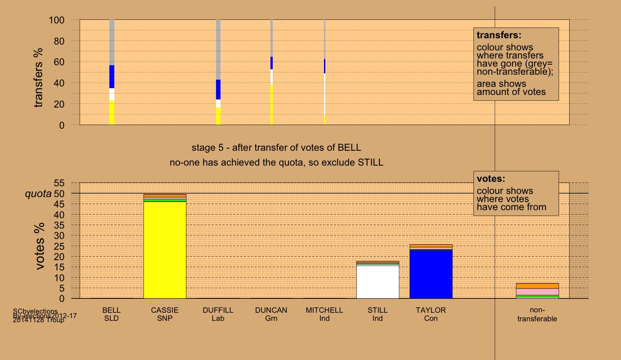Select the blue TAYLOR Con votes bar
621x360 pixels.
click(431, 274)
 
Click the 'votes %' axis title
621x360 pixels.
click(41, 246)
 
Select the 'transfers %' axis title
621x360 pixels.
click(39, 78)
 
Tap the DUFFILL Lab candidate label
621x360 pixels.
click(218, 314)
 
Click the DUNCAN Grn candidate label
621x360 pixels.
click(271, 314)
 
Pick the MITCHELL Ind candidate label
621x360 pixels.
click(324, 314)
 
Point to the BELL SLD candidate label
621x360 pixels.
click(112, 314)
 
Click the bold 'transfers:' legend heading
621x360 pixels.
click(499, 35)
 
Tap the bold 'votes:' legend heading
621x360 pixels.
click(492, 179)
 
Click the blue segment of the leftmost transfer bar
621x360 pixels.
click(112, 76)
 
